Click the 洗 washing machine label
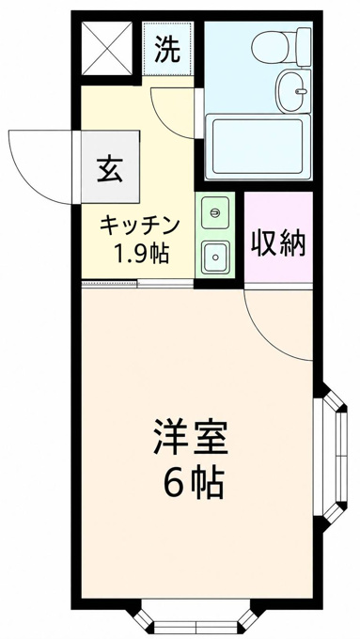pos(167,50)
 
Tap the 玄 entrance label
pos(110,169)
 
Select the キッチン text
pos(140,226)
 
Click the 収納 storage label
pos(278,243)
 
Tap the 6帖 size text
pos(194,483)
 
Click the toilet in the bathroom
pos(281,47)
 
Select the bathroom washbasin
pos(294,90)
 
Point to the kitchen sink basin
pos(215,257)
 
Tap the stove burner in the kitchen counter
pos(215,212)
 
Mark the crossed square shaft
pos(107,49)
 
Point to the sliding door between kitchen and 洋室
pos(137,283)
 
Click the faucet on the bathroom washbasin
pos(302,91)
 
